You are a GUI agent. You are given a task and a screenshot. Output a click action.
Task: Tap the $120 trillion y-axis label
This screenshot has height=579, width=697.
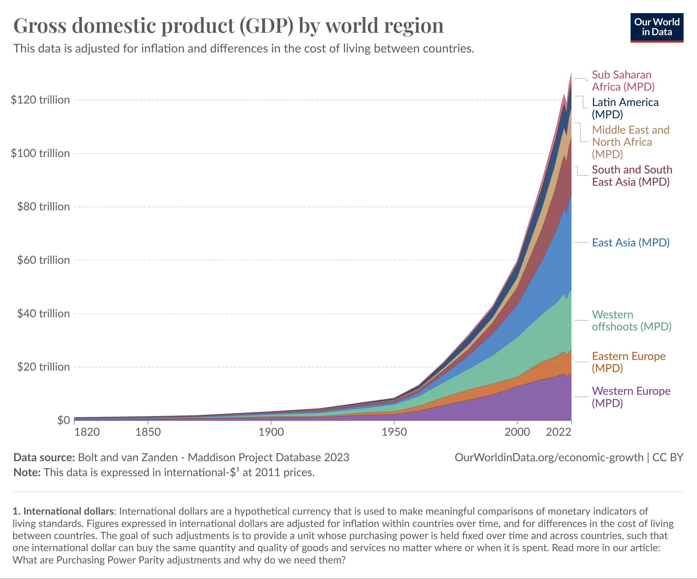(x=40, y=100)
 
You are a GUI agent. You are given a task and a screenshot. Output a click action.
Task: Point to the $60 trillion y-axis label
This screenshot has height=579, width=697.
(x=43, y=260)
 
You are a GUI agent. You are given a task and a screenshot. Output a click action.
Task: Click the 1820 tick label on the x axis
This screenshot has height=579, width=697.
(x=87, y=432)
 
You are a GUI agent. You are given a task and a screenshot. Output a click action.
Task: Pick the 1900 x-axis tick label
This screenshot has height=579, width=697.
(x=271, y=432)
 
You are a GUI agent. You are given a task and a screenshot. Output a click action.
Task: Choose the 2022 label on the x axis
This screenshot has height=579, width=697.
(x=559, y=432)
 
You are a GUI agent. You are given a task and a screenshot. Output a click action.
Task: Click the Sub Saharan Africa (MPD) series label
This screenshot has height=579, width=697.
(x=623, y=81)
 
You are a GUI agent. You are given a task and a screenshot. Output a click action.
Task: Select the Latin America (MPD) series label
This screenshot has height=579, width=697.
(x=625, y=108)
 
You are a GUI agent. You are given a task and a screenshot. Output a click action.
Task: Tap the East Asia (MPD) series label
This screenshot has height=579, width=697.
(x=631, y=242)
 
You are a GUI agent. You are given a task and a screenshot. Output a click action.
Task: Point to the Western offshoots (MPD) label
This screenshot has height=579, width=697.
(x=631, y=321)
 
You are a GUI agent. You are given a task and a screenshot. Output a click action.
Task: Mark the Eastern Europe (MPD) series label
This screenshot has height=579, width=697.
(x=629, y=362)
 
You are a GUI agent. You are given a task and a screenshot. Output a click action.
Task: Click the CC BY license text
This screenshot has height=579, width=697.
(x=668, y=457)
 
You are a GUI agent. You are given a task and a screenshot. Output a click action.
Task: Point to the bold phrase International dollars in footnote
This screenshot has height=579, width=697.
(x=68, y=511)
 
